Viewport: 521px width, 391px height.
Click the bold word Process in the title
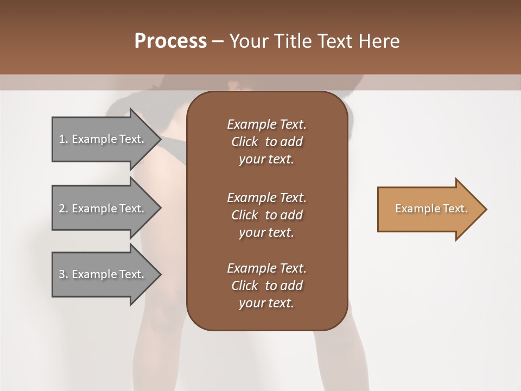click(170, 41)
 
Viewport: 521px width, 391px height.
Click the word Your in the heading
click(250, 41)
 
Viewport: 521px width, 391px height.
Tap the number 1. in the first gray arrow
click(63, 139)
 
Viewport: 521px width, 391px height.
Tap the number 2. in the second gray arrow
click(63, 209)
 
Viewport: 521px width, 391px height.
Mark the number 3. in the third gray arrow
click(63, 274)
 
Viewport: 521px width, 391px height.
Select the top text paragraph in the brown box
click(266, 142)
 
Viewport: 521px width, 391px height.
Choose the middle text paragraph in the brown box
click(266, 215)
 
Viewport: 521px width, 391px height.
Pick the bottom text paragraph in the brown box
click(266, 286)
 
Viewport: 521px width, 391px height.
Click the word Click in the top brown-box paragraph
click(244, 142)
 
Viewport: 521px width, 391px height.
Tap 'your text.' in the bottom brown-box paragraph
click(266, 304)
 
